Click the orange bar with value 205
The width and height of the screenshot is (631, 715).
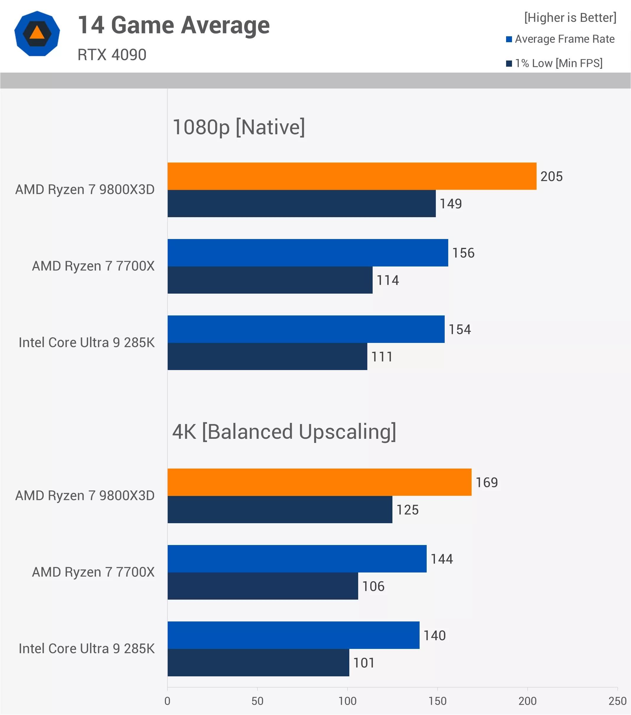[352, 176]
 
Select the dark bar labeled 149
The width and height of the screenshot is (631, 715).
[301, 204]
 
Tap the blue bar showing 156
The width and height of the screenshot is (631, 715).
[308, 253]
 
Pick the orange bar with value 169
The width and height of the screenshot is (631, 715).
[319, 482]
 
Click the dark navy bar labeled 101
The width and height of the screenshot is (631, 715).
[258, 662]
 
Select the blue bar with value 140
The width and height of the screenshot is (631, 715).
[293, 635]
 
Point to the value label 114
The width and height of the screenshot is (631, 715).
[387, 280]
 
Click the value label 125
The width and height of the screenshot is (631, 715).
[407, 510]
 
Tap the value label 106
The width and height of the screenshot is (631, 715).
[373, 586]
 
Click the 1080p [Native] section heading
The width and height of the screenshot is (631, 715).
[239, 127]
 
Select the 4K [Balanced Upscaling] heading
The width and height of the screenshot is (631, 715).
[284, 432]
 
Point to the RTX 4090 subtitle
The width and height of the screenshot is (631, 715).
[112, 55]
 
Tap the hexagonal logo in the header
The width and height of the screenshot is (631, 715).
[37, 34]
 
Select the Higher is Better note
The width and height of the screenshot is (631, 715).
[570, 17]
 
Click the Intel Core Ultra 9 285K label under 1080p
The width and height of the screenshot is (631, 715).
[87, 343]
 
